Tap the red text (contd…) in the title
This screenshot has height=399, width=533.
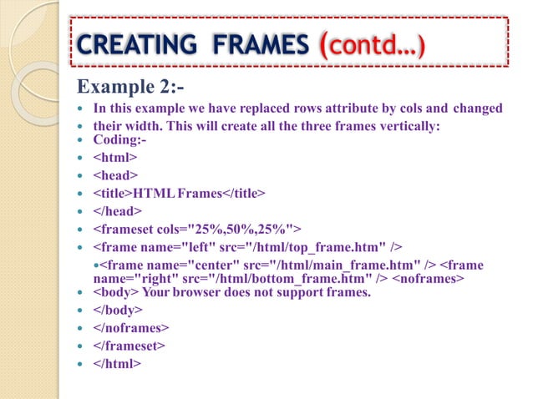point(369,43)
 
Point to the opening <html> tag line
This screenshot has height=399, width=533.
point(115,157)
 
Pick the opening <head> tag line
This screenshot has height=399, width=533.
point(116,175)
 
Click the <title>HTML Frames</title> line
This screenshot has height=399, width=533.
point(179,194)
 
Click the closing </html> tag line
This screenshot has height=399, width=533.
point(117,364)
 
